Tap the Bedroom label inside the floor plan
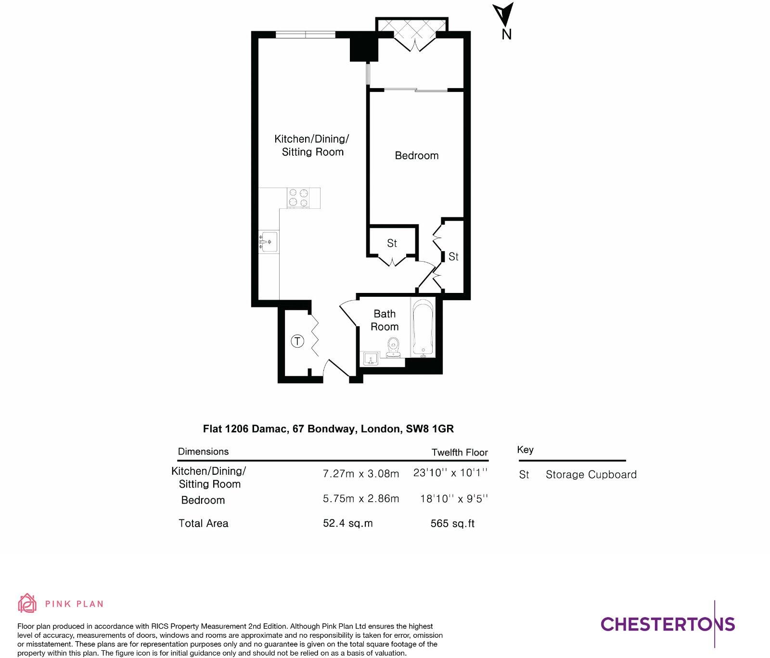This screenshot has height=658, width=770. coord(416,155)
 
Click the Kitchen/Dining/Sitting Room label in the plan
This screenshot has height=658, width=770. coord(312,145)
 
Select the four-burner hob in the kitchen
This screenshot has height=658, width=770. coord(298,198)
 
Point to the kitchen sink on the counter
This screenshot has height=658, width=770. coord(269,241)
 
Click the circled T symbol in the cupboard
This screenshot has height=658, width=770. coord(298,342)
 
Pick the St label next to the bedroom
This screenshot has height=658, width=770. coord(392,243)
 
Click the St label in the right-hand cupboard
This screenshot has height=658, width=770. coord(453,257)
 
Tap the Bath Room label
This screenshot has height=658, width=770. coord(385,320)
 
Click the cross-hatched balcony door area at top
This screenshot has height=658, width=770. coord(412,30)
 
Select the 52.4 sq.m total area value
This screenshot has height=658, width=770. coord(347,523)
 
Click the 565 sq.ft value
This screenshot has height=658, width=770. coord(452,523)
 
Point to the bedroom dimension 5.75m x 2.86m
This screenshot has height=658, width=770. coord(361,499)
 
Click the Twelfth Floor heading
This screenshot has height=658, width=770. coord(460,452)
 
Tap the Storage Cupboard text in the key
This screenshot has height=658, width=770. coord(591,475)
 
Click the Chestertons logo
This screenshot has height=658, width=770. coord(667,624)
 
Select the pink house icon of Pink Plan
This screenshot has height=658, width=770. coord(27,603)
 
